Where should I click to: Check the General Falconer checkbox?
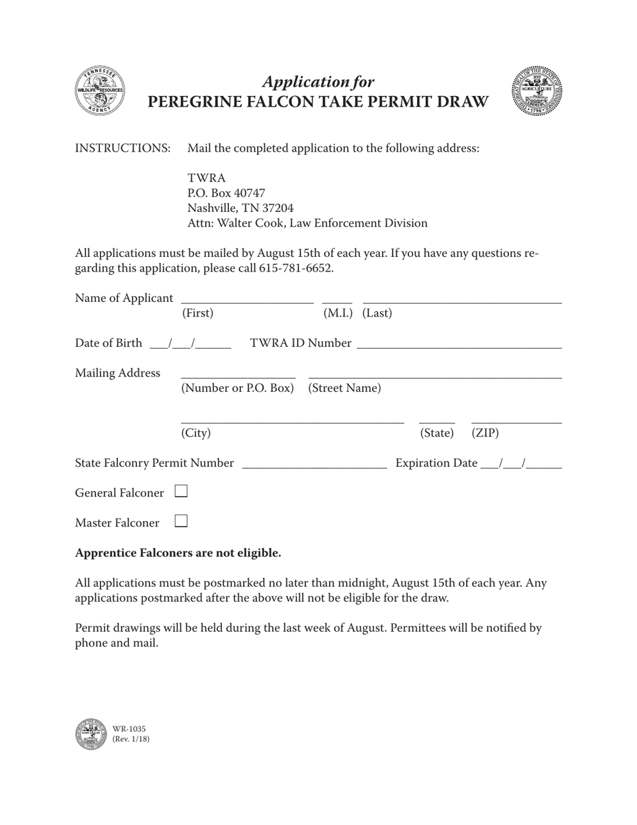181,492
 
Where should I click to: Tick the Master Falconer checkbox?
181,521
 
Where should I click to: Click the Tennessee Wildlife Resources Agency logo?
99,91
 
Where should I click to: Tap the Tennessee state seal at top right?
536,91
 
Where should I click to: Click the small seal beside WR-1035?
91,734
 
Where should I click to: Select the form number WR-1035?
129,729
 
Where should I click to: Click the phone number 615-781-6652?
295,268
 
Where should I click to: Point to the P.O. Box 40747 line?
227,193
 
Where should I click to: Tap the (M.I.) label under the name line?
339,313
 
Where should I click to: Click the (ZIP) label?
485,433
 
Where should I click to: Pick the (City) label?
196,433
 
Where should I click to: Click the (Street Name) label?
344,388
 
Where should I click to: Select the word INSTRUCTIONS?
122,148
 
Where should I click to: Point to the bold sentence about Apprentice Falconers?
178,553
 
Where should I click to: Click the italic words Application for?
318,82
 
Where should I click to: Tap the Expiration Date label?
437,463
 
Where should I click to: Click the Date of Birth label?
109,343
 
